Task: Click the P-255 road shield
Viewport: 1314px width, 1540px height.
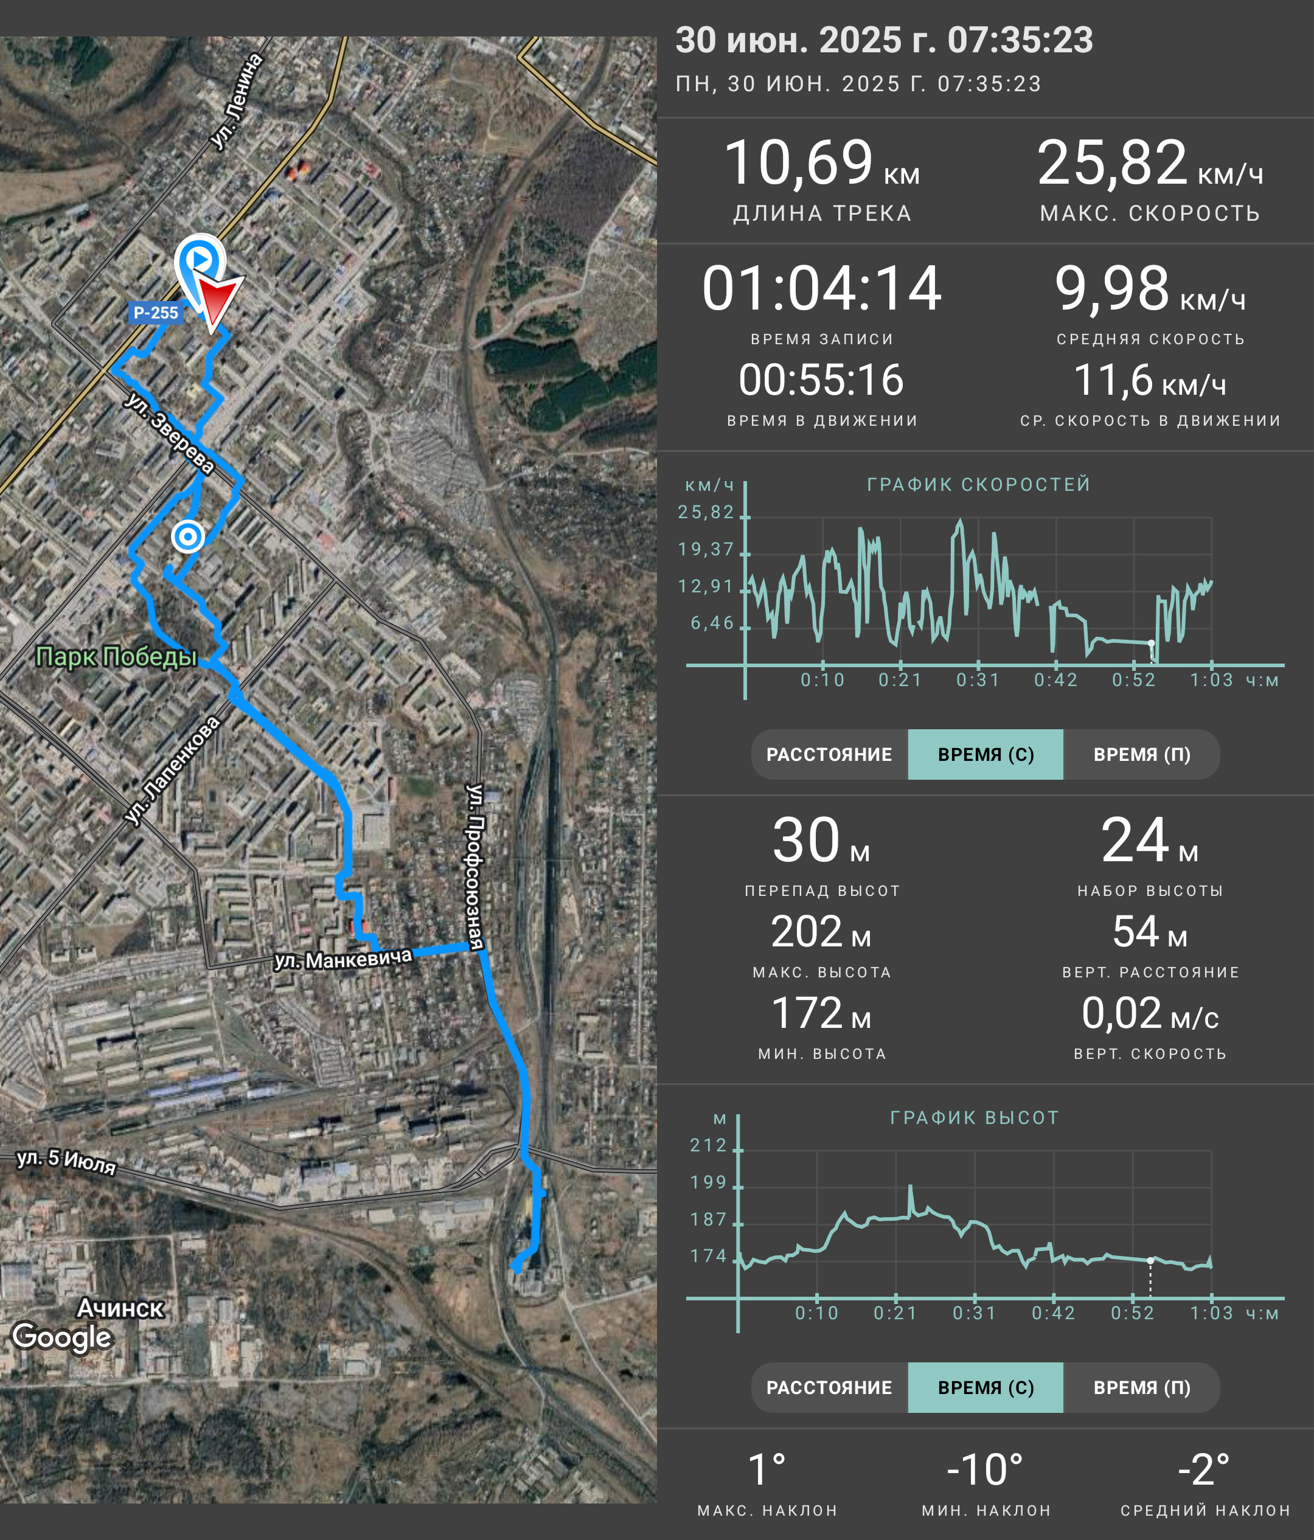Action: (156, 312)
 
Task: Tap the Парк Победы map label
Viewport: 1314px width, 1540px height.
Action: (117, 657)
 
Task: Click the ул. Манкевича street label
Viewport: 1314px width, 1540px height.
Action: (342, 960)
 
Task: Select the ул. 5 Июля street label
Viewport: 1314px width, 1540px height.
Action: (67, 1161)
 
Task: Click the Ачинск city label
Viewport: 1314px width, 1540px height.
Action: (120, 1308)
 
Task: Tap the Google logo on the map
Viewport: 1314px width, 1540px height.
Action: (63, 1337)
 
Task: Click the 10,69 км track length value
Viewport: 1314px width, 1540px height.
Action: (821, 163)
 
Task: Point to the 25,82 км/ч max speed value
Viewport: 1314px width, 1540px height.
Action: (1150, 163)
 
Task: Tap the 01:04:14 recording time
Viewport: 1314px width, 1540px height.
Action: (821, 288)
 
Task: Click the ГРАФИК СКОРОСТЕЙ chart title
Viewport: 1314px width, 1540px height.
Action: (979, 485)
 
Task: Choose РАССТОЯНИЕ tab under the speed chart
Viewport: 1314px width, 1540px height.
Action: (829, 754)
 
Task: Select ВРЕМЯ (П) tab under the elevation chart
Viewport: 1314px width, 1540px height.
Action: (1142, 1387)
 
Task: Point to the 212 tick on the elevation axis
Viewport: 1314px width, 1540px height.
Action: (708, 1145)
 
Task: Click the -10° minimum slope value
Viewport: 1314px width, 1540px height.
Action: (985, 1470)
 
